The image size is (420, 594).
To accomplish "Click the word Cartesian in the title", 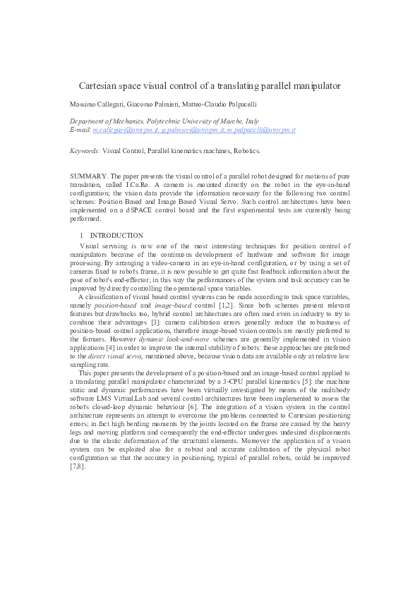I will [98, 85].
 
